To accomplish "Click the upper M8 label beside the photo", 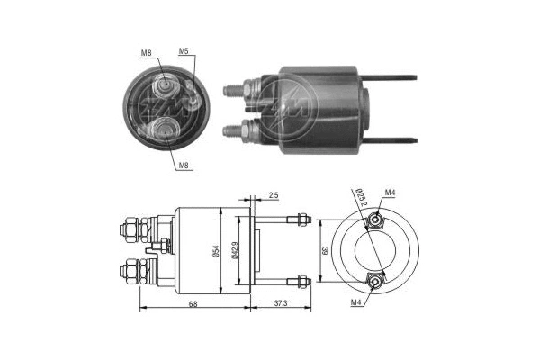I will tap(146, 53).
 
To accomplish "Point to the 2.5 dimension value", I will tap(273, 194).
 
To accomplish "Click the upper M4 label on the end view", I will tap(390, 192).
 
